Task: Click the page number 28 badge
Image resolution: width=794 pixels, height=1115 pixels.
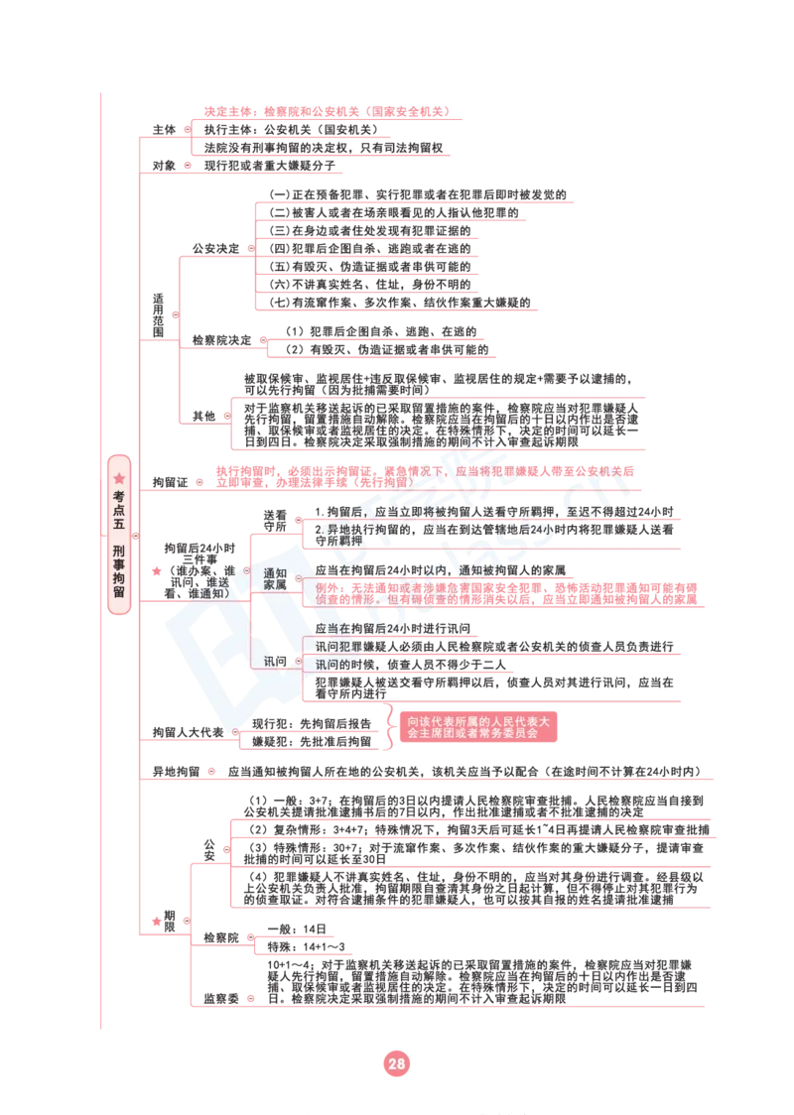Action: (396, 1063)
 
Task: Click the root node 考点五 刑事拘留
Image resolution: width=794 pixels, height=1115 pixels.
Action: (119, 535)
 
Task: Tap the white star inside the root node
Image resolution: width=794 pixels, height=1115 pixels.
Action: (119, 478)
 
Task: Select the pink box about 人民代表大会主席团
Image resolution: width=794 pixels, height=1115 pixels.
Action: (478, 727)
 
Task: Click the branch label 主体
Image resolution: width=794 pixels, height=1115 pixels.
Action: (165, 129)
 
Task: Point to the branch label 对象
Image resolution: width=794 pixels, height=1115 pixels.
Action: (165, 166)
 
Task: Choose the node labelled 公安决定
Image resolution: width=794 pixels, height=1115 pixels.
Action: (216, 248)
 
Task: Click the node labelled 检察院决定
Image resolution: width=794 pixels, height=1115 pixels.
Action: (222, 340)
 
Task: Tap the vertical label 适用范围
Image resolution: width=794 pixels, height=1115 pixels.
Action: (158, 315)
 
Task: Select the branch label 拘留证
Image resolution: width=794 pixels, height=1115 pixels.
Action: (170, 482)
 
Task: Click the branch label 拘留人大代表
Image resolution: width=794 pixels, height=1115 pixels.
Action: (188, 732)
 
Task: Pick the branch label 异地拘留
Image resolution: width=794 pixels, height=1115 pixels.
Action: (176, 772)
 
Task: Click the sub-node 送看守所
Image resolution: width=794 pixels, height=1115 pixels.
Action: (275, 521)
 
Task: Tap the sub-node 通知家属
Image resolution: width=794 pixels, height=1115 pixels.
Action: (275, 579)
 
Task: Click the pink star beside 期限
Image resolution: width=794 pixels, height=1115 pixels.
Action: (157, 921)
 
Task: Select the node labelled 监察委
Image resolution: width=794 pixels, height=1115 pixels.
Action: (221, 999)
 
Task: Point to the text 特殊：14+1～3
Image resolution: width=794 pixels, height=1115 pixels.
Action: (306, 947)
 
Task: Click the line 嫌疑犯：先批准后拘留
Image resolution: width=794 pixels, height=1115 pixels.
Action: (312, 742)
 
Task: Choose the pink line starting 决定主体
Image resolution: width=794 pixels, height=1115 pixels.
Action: (327, 112)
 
